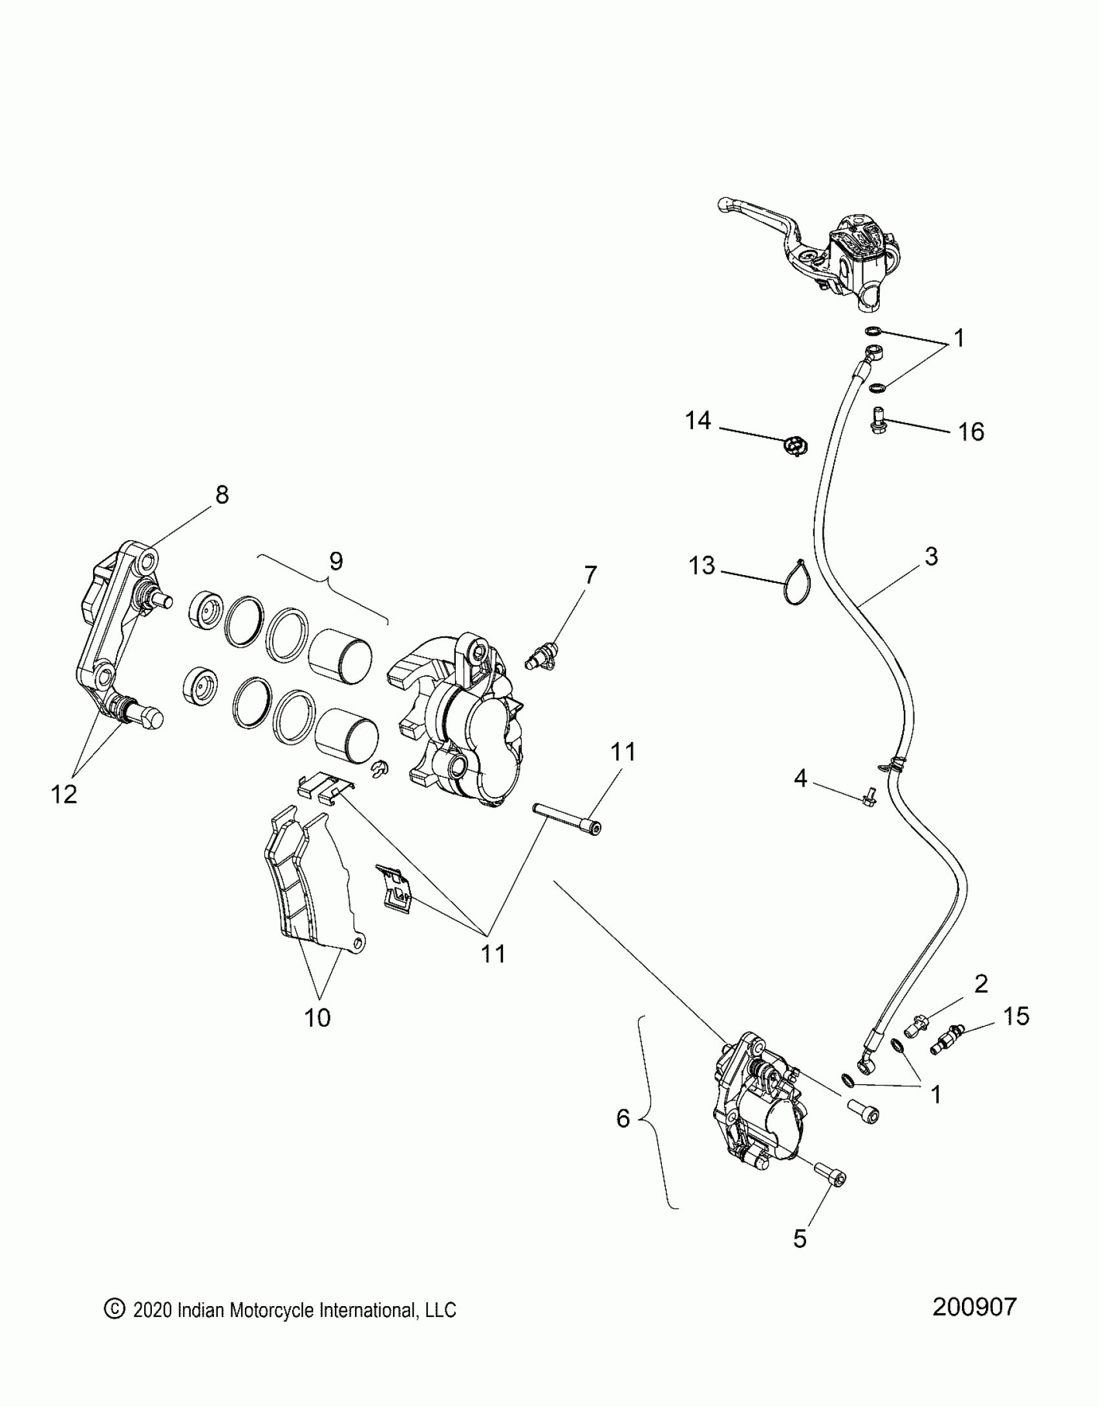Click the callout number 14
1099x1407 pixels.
(x=698, y=421)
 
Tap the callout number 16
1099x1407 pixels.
(x=971, y=432)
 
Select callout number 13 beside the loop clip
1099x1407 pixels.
(x=702, y=566)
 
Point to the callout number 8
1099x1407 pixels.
(x=222, y=495)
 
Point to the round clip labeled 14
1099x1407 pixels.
(x=796, y=446)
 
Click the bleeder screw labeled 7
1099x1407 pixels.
(x=540, y=659)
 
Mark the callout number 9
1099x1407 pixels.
(x=336, y=562)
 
